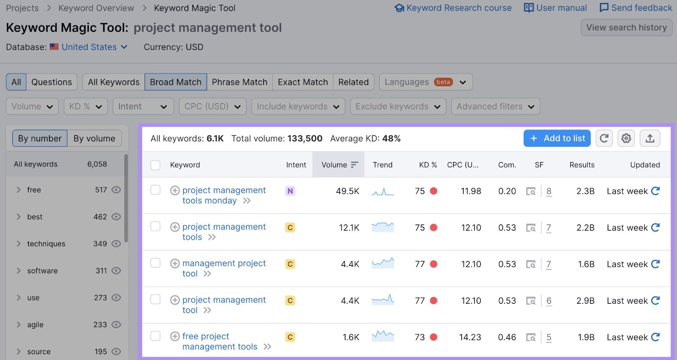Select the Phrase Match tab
point(239,82)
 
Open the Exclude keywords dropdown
point(398,107)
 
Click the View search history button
point(626,27)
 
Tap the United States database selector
point(89,47)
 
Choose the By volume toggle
point(94,138)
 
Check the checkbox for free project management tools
point(156,336)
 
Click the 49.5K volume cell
point(347,191)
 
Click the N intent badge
point(290,191)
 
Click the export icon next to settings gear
point(650,138)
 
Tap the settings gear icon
point(626,138)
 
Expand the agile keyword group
point(19,324)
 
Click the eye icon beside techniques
point(116,244)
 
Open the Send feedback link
point(636,8)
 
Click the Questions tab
point(52,82)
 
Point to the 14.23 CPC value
point(470,337)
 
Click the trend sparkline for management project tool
point(383,264)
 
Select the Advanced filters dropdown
point(495,107)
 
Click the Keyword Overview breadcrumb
point(96,8)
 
